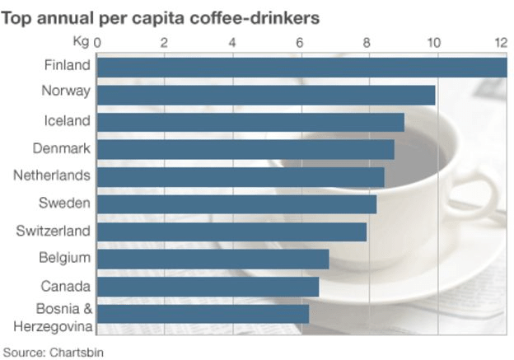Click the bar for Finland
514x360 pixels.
[301, 67]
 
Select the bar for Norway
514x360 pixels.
[265, 95]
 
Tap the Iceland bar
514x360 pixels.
[250, 122]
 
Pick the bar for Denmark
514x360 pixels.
[245, 149]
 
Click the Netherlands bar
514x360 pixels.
[241, 177]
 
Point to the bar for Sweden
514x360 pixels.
[236, 204]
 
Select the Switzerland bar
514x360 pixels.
[231, 231]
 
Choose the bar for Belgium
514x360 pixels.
[213, 259]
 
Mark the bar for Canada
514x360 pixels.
[208, 286]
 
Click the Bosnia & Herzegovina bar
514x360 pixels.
[203, 314]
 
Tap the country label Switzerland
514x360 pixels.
[53, 231]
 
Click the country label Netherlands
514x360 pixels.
[52, 175]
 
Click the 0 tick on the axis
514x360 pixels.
[98, 42]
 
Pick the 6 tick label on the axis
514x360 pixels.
[300, 42]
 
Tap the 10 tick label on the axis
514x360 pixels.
[433, 42]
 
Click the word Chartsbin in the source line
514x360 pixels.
[77, 352]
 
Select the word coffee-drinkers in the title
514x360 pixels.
[259, 16]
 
